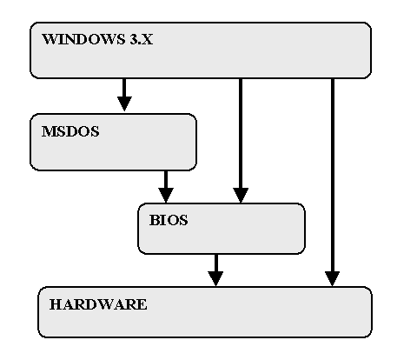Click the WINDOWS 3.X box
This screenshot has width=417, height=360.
pos(201,50)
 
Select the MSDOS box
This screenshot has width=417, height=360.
pos(113,142)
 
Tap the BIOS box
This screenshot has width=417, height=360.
pos(222,229)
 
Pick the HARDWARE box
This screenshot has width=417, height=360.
pos(205,312)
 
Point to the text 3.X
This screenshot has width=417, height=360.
pos(142,39)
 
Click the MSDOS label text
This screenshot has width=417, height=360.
pos(70,131)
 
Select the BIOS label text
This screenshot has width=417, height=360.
pos(169,220)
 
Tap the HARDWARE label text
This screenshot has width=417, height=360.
pos(98,304)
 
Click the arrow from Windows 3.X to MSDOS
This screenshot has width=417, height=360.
pos(124,95)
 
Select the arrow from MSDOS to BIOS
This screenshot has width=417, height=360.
pos(166,187)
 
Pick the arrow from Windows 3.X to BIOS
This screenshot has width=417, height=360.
pos(241,141)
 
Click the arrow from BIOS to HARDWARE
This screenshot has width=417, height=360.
pos(215,270)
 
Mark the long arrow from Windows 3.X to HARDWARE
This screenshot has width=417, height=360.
pos(333,183)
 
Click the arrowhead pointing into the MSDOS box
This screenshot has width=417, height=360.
pos(124,103)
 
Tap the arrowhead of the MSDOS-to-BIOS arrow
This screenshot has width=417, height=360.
pos(166,196)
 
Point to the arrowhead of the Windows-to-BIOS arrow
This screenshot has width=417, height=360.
pos(241,196)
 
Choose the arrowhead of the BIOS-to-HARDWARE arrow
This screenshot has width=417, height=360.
pos(215,279)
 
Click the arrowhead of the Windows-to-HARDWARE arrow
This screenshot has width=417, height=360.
pos(333,279)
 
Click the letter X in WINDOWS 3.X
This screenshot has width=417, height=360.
pos(147,39)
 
